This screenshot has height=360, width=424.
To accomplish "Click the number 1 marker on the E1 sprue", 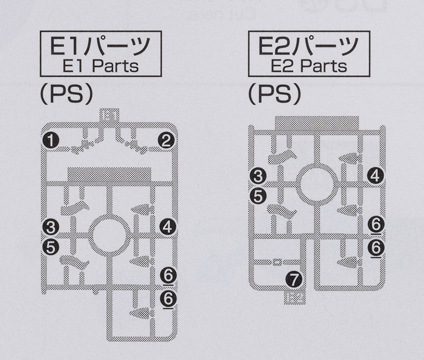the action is (51, 140).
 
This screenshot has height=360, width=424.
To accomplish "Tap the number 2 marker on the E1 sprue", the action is (166, 140).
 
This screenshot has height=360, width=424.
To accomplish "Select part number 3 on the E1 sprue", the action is (51, 227).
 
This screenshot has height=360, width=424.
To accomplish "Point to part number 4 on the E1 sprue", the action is (167, 227).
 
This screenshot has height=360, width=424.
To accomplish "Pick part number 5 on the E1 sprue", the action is (51, 247).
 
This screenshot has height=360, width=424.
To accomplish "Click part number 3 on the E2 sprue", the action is (258, 176).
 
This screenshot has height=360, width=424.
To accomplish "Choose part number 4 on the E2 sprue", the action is (375, 176).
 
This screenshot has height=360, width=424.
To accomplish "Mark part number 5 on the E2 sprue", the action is (258, 196).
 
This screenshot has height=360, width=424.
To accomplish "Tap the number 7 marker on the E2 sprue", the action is (294, 279).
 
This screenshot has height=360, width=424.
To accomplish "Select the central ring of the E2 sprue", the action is (317, 183).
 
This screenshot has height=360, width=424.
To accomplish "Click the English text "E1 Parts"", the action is (101, 66).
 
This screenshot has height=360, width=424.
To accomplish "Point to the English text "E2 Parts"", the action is (309, 66).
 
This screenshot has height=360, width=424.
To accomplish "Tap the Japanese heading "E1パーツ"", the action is (100, 46).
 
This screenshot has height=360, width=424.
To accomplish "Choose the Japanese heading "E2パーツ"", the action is (308, 46).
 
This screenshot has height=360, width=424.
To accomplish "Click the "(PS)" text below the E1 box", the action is (67, 94).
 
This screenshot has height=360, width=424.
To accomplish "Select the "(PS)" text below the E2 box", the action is (275, 94).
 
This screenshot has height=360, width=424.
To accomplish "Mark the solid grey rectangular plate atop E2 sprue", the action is (317, 124).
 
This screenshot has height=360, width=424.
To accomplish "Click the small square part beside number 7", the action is (276, 262).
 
